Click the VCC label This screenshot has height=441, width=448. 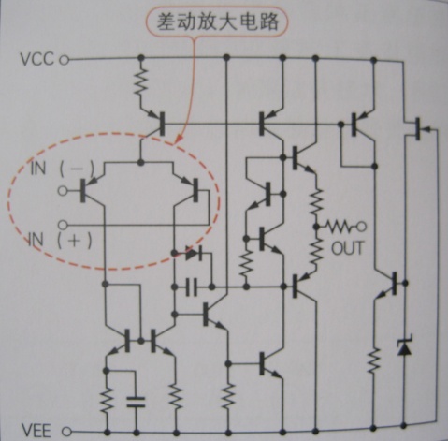36,59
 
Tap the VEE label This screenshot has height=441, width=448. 36,431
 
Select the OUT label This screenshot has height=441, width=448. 347,248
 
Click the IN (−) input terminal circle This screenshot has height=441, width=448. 63,190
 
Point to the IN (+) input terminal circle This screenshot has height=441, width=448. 63,225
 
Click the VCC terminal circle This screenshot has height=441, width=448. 65,60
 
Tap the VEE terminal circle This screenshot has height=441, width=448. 66,432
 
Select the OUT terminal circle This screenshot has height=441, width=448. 361,227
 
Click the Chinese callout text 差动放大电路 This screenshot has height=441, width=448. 217,22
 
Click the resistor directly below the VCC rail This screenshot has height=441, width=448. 141,81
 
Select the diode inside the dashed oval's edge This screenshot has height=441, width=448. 194,253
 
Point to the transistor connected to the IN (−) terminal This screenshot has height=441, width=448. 90,190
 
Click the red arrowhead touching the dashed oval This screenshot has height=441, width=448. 178,139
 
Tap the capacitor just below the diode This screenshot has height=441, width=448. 192,287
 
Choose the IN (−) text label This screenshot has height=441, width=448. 62,169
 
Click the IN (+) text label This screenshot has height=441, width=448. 61,241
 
